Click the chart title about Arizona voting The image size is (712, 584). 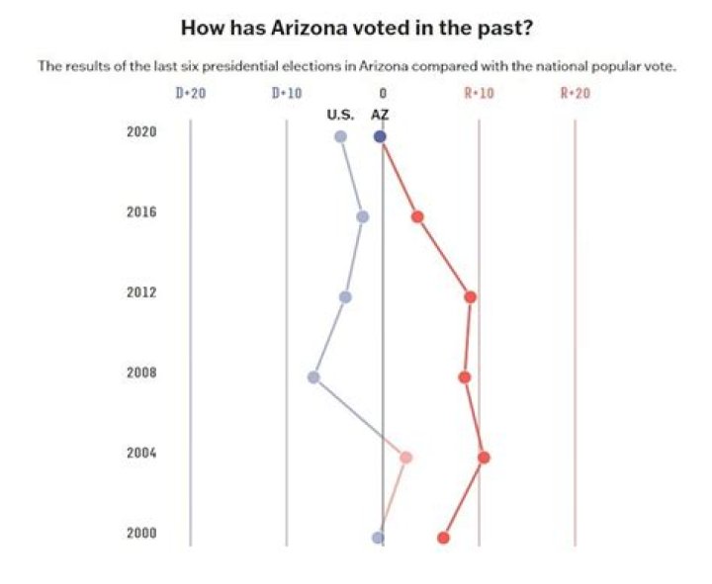359,27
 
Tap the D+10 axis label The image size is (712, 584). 286,93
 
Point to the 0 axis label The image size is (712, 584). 383,93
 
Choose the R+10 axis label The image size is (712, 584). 479,93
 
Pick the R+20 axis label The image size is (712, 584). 575,93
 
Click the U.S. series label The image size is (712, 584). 340,115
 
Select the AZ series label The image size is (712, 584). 380,115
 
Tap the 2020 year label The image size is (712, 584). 141,132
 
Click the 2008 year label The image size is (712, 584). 141,374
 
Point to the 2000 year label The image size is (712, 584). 141,534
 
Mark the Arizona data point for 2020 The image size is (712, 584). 380,136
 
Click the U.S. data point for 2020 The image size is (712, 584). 340,136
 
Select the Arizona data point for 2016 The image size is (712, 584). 417,216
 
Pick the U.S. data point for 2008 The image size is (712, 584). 313,377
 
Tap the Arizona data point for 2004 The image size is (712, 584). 484,458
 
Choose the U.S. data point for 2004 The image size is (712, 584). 405,458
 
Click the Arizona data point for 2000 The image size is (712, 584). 443,538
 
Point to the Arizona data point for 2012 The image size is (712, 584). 471,296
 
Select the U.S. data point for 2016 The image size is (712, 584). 362,216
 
